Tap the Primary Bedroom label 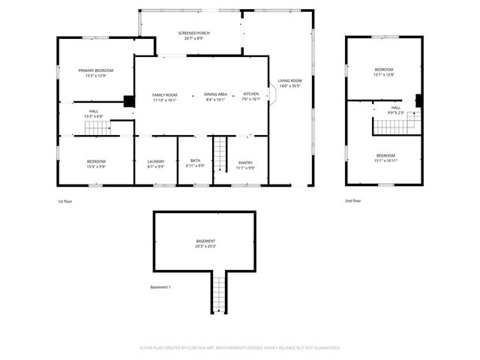pos(95,70)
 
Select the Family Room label pos(164,94)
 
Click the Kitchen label pos(250,94)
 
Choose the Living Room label pos(289,80)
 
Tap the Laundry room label pos(156,162)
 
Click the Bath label pos(195,160)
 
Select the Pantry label pos(245,162)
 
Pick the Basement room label pos(205,241)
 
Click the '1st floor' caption pos(66,201)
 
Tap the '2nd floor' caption pos(352,201)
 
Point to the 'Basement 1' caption pos(160,287)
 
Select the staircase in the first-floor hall pos(97,128)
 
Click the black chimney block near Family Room pos(129,101)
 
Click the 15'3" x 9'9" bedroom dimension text pos(95,166)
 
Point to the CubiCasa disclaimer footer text pos(240,348)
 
